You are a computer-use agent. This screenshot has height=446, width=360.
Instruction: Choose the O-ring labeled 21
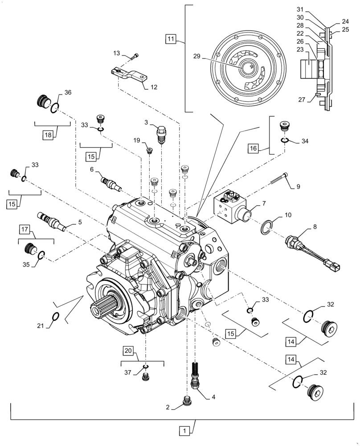tap(55, 317)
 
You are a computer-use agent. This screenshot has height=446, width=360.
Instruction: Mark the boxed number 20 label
tap(127, 352)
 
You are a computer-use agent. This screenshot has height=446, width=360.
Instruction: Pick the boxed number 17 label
tap(25, 230)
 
